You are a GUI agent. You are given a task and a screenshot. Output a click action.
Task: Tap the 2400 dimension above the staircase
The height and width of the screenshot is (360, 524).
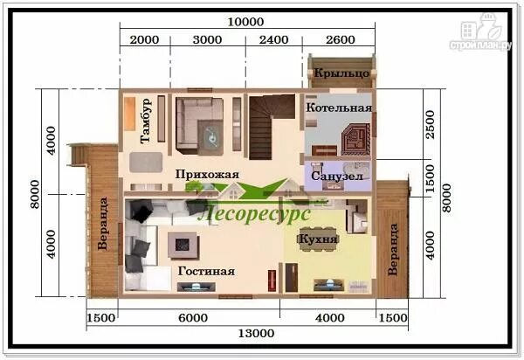273,39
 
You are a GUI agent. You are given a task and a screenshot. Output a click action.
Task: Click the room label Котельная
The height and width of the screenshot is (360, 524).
340,107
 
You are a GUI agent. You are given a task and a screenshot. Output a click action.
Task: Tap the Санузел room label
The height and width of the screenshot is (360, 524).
331,176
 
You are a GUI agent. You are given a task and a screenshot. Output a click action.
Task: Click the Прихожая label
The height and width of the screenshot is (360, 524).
207,174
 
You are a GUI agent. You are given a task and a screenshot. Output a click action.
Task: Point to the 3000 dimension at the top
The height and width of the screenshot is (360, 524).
208,39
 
